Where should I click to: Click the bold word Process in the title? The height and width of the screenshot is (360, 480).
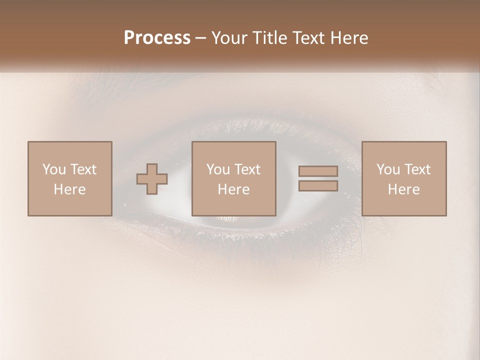[157, 37]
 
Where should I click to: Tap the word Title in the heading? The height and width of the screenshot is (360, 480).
[269, 37]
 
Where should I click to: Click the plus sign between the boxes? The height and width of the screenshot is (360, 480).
[152, 179]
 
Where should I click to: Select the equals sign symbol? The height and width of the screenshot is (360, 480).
[318, 178]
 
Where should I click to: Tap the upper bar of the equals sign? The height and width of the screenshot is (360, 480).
[318, 171]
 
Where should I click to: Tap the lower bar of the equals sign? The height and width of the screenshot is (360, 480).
[318, 186]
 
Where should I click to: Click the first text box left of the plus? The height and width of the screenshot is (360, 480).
[69, 178]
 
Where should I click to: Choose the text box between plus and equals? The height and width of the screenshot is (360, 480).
[233, 178]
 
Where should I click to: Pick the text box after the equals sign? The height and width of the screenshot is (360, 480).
[403, 178]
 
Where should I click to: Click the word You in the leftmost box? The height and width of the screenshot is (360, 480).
[54, 169]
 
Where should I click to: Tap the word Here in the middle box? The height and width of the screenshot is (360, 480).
[233, 189]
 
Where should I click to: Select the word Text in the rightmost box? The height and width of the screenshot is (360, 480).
[417, 169]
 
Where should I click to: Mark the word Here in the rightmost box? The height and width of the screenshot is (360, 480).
[403, 189]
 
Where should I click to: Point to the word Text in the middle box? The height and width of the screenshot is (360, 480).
[247, 169]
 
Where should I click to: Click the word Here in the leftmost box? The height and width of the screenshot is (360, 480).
[69, 189]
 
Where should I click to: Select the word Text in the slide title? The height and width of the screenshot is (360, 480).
[307, 37]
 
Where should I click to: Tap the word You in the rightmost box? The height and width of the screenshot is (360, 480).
[388, 169]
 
